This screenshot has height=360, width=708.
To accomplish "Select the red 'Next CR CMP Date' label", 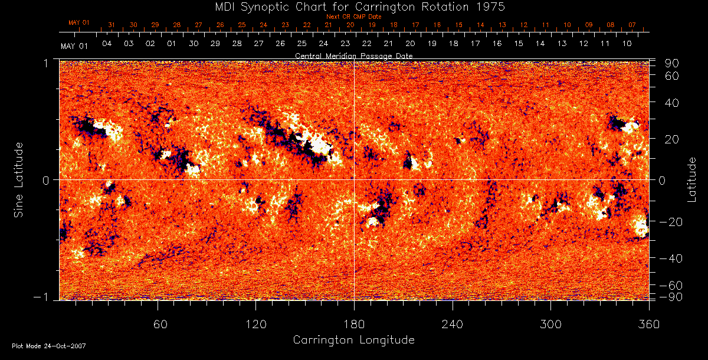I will click(354, 17).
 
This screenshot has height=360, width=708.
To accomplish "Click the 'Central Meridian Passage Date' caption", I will click(353, 55).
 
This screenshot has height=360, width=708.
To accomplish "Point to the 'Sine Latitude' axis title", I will click(19, 179).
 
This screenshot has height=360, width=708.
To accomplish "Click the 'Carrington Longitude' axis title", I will click(353, 340).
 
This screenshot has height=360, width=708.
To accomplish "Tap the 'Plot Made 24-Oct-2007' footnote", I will click(49, 346).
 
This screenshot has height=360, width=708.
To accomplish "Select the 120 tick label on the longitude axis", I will click(256, 324).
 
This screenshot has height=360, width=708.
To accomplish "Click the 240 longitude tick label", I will click(453, 324).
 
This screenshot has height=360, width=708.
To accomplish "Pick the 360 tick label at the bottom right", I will click(648, 324).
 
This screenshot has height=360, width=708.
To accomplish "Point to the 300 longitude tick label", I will click(550, 324).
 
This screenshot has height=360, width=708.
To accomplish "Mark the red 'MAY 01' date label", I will click(78, 22).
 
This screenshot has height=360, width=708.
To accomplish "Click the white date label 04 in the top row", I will click(107, 44).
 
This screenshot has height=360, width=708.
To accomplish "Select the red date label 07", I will click(632, 25).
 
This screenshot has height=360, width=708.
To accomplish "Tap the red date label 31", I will click(112, 25).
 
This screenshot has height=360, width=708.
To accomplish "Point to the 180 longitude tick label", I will click(354, 324).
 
